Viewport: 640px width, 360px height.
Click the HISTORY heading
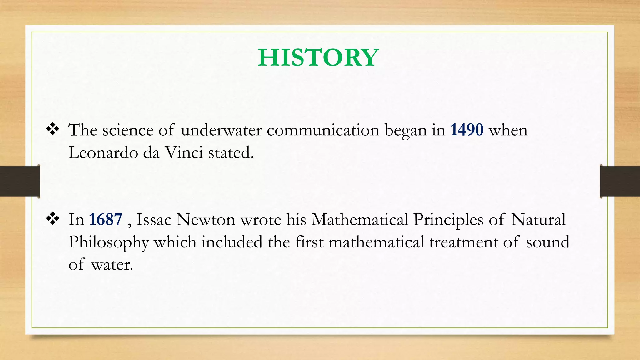(318, 58)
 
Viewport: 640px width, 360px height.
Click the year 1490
(467, 130)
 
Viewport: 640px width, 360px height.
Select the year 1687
(106, 219)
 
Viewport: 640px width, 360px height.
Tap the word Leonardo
(103, 152)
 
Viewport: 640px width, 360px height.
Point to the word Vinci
(184, 152)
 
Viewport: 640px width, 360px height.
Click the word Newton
(206, 219)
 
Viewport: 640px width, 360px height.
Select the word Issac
(154, 219)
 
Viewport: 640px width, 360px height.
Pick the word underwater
(221, 130)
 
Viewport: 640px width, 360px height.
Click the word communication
(323, 130)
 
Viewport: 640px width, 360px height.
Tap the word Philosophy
(109, 242)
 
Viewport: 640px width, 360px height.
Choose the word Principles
(448, 219)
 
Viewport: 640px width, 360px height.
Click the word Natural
(538, 219)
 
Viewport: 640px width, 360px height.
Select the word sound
(547, 242)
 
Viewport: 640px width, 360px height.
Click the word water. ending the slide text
(112, 265)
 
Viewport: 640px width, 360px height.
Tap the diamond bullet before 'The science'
(53, 129)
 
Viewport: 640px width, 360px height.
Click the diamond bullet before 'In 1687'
(53, 219)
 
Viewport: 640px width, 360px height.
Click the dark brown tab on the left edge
(20, 181)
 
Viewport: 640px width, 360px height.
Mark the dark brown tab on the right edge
(620, 181)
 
